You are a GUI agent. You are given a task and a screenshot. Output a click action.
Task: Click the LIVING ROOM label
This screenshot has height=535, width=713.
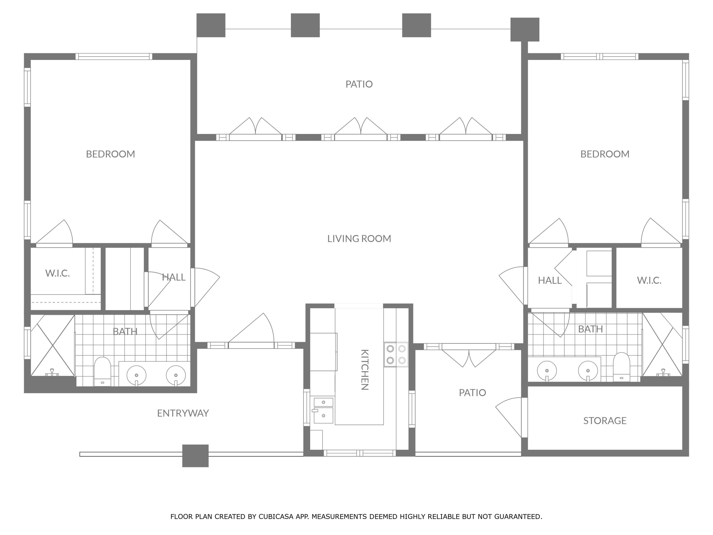coord(359,239)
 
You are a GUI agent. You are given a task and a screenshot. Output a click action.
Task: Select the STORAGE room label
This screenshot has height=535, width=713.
coord(605,421)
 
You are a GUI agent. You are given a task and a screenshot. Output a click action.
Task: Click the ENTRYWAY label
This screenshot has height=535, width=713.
coord(183,413)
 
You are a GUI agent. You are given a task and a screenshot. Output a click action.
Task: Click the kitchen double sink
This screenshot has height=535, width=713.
coord(323,410)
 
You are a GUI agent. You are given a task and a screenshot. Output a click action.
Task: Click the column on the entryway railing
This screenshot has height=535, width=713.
coord(195,456)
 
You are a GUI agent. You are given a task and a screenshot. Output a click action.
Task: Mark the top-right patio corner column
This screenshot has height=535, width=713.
coord(525,29)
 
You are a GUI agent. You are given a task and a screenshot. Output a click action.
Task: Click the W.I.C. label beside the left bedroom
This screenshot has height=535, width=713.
coord(57,273)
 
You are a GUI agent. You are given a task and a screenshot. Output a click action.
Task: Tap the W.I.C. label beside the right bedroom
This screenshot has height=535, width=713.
coord(649,280)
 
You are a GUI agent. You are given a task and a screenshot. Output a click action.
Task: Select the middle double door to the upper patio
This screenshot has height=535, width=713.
coord(361,131)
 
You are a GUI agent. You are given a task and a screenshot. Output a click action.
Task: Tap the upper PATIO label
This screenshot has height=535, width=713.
coord(359,84)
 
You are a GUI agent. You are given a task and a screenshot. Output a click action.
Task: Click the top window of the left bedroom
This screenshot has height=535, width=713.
coord(114,56)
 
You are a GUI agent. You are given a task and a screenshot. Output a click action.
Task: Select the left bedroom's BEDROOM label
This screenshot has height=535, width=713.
coord(110,154)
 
